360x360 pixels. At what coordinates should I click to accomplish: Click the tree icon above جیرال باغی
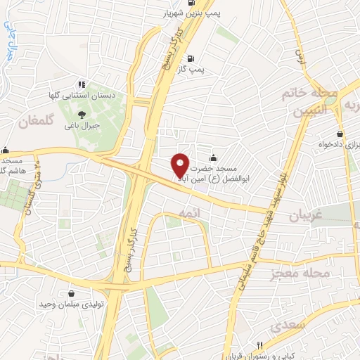[82, 114]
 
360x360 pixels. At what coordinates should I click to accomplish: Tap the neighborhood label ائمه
[186, 212]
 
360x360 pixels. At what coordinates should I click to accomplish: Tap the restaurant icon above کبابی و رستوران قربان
[259, 345]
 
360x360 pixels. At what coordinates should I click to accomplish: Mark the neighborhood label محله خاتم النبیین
[311, 101]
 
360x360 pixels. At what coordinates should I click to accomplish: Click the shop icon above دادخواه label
[340, 133]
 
